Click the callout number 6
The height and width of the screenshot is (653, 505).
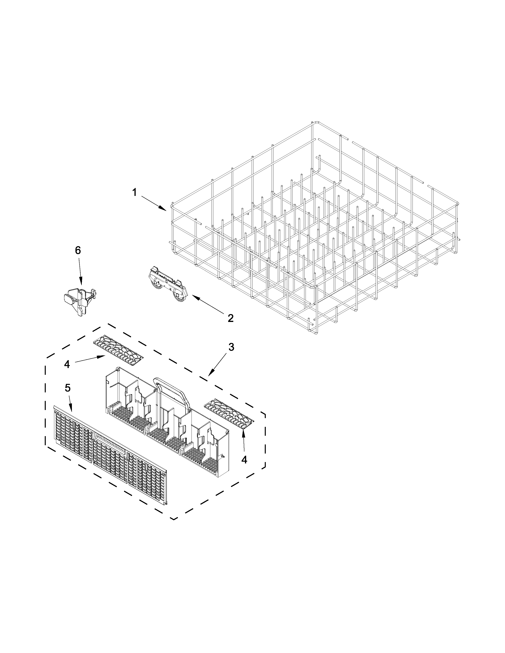coord(78,250)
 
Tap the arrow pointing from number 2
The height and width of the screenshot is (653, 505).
coord(207,304)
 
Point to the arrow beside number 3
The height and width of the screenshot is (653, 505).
coord(216,364)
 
